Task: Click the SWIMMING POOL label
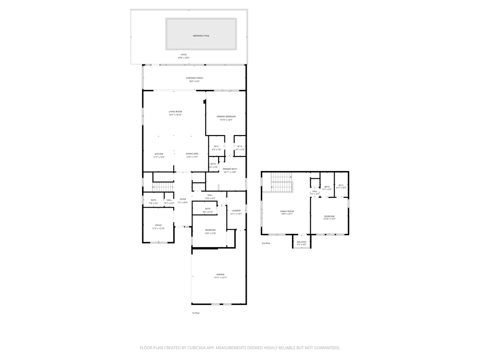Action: [201, 36]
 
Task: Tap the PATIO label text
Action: [184, 55]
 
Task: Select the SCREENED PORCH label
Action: [194, 78]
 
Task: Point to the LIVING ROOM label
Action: [175, 112]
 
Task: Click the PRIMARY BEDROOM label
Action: [226, 116]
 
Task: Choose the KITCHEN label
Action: [159, 154]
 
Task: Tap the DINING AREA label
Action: [192, 154]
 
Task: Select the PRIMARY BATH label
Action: [230, 169]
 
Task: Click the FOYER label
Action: [183, 199]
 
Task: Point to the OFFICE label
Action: [158, 225]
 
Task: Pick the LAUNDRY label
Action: [236, 211]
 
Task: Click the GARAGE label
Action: [220, 275]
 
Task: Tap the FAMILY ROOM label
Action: [287, 211]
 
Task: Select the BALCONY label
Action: [302, 242]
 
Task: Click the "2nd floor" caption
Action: [266, 243]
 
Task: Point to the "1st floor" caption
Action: [196, 313]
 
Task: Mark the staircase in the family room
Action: [282, 182]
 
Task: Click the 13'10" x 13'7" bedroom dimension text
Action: [329, 219]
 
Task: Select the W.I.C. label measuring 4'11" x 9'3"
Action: [341, 185]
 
